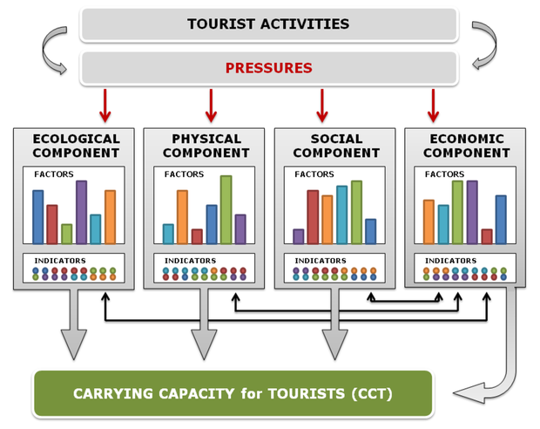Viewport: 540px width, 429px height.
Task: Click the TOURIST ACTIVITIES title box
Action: point(268,24)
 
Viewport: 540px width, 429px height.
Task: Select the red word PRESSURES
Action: point(268,68)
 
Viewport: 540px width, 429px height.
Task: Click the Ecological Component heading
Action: point(76,146)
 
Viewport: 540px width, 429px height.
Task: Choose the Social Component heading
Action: point(336,146)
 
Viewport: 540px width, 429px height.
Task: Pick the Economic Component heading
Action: point(466,146)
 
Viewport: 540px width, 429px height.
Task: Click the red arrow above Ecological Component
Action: point(105,105)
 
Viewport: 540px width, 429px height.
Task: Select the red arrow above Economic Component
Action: point(432,105)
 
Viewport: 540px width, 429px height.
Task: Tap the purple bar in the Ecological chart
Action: point(81,212)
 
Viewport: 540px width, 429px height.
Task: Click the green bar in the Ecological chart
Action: point(67,234)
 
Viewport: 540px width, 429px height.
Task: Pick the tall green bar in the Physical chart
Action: point(226,209)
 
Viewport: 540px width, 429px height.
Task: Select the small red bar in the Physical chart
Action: point(197,236)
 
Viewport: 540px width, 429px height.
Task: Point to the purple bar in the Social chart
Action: point(298,236)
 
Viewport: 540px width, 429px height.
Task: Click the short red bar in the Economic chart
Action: point(486,236)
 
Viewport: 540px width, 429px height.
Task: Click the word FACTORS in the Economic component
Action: point(444,174)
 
